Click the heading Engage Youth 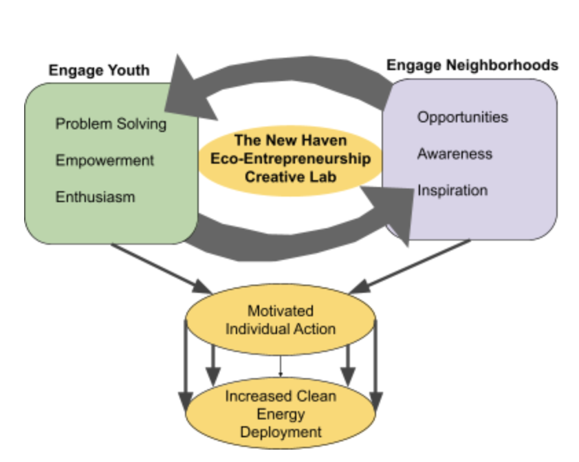click(x=99, y=71)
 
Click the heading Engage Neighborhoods click(x=472, y=65)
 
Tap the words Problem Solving click(x=111, y=124)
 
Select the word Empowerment click(x=105, y=160)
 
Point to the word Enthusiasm click(x=95, y=197)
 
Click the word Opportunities click(x=462, y=117)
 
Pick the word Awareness click(x=455, y=153)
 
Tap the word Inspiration click(x=452, y=190)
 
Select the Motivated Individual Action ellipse click(x=281, y=320)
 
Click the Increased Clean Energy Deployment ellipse click(x=280, y=414)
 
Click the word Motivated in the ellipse click(x=280, y=311)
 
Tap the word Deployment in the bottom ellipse click(x=280, y=432)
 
